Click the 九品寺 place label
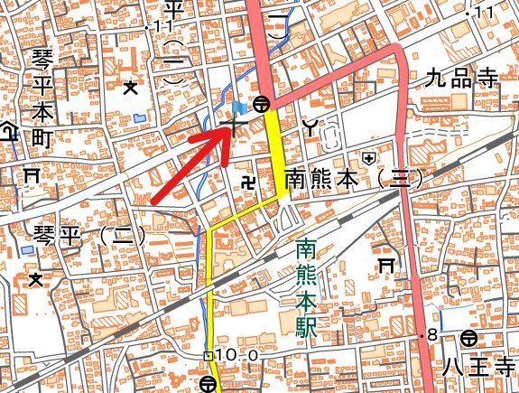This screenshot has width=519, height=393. (x=461, y=79)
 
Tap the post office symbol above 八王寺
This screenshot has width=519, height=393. (x=468, y=339)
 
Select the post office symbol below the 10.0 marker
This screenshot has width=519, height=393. (x=209, y=383)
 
